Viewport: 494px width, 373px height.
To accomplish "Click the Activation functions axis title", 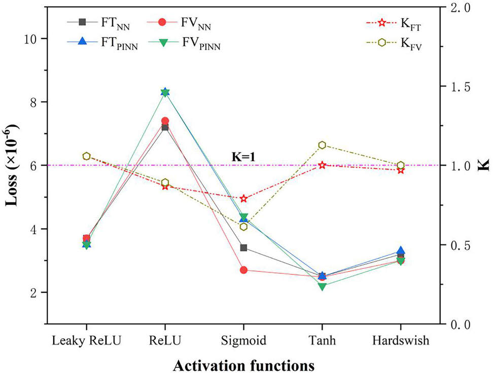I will click(x=243, y=364).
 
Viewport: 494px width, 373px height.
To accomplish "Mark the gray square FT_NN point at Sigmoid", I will click(x=243, y=247).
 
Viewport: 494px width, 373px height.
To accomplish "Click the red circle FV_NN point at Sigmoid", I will click(x=243, y=270).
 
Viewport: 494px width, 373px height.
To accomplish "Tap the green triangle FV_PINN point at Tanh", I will click(x=322, y=286).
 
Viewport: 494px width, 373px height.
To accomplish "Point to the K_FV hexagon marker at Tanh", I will click(x=322, y=145).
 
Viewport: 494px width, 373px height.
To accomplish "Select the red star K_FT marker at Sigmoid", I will click(x=243, y=198).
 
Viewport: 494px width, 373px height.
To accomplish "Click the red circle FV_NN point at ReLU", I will click(x=165, y=121).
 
